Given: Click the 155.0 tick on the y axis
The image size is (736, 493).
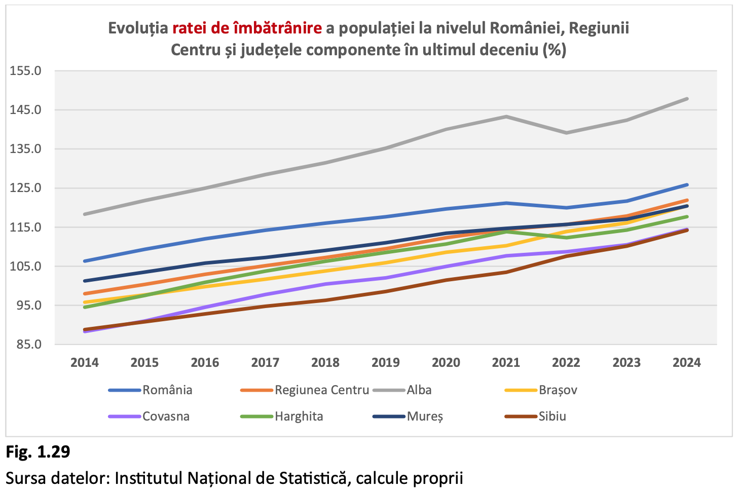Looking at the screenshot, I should coord(25,71).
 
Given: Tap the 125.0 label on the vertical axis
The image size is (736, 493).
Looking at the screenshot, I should coord(25,188).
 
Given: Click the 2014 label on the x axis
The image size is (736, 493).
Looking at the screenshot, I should coord(85,363).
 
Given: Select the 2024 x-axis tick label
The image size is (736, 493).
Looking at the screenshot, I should coord(686,363).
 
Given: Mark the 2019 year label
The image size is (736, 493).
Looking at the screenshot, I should coord(385,363).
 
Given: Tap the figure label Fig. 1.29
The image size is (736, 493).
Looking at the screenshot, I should coord(38,451).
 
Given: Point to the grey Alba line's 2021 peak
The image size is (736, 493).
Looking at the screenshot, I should coord(506,117).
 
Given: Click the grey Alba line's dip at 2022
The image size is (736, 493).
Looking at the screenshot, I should coord(566,133).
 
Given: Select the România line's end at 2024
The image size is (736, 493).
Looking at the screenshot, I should coord(687,185).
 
